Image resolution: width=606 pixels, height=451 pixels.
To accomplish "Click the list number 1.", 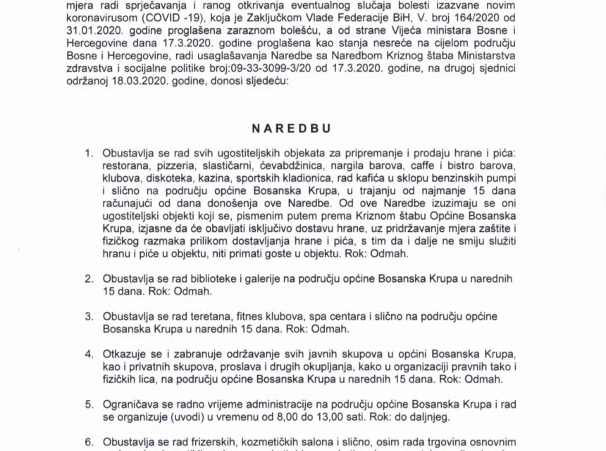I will pyautogui.click(x=89, y=153).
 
